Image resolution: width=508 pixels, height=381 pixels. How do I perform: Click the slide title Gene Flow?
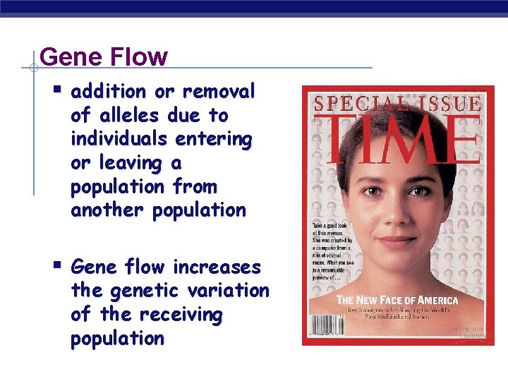click(104, 57)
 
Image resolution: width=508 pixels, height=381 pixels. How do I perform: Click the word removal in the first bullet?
click(219, 92)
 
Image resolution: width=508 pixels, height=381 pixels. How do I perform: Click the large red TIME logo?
click(396, 138)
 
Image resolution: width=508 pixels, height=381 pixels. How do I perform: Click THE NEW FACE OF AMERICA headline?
click(397, 301)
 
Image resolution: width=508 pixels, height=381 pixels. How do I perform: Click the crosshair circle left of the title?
click(33, 68)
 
